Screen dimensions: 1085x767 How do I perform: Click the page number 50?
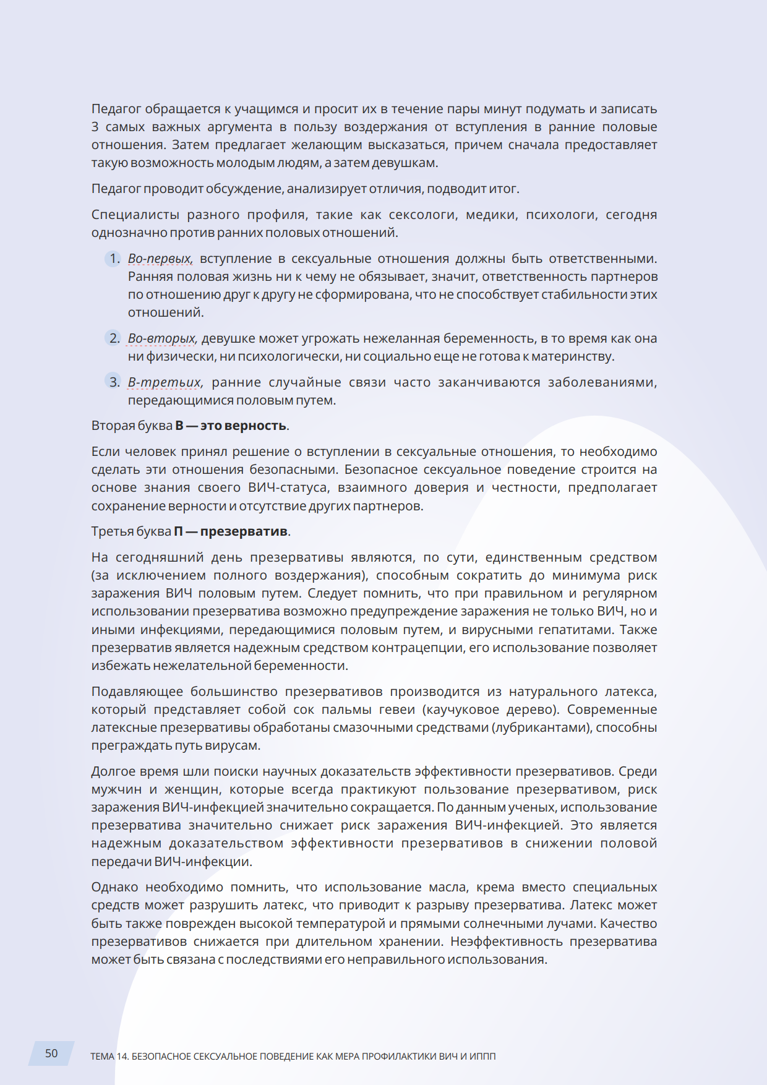pyautogui.click(x=51, y=1053)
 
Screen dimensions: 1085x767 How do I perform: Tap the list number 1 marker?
pyautogui.click(x=114, y=259)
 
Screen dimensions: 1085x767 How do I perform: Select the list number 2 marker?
pyautogui.click(x=114, y=338)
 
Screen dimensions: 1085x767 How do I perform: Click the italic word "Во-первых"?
pyautogui.click(x=160, y=259)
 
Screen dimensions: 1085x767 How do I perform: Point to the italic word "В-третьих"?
pyautogui.click(x=165, y=382)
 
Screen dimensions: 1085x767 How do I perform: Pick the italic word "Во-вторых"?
pyautogui.click(x=162, y=338)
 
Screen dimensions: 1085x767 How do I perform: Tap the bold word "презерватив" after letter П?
pyautogui.click(x=244, y=531)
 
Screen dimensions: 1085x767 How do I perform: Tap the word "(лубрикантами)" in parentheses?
pyautogui.click(x=541, y=727)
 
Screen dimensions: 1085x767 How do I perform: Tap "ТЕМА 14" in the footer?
pyautogui.click(x=109, y=1057)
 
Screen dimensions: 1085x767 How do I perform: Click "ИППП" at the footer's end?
pyautogui.click(x=482, y=1057)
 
